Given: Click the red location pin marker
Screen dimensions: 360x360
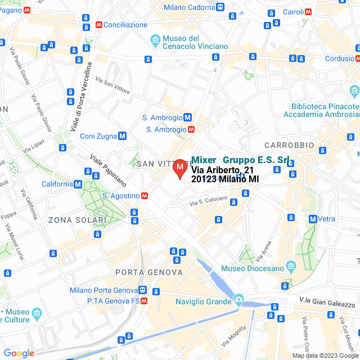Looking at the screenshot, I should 180,168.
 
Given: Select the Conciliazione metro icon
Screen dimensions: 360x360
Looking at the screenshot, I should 99,25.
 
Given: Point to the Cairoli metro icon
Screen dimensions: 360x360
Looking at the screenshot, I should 308,11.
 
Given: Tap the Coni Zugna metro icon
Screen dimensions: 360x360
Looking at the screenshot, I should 122,136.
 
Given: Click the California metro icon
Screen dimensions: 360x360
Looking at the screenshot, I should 78,184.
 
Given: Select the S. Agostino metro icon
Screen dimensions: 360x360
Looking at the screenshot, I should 145,196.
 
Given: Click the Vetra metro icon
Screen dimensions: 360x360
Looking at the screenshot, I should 312,219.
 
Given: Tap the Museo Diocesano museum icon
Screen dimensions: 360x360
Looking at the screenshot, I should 290,265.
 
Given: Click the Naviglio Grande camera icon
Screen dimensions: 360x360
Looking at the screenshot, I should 239,298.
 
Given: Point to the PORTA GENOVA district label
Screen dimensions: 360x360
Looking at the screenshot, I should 149,272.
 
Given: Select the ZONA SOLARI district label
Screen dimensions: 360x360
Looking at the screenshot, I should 77,220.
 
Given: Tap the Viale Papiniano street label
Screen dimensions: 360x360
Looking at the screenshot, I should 109,170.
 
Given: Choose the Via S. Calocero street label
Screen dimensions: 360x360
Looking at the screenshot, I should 209,201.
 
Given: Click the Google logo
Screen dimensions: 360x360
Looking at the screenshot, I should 19,353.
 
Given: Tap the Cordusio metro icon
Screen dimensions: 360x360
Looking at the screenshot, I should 356,58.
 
